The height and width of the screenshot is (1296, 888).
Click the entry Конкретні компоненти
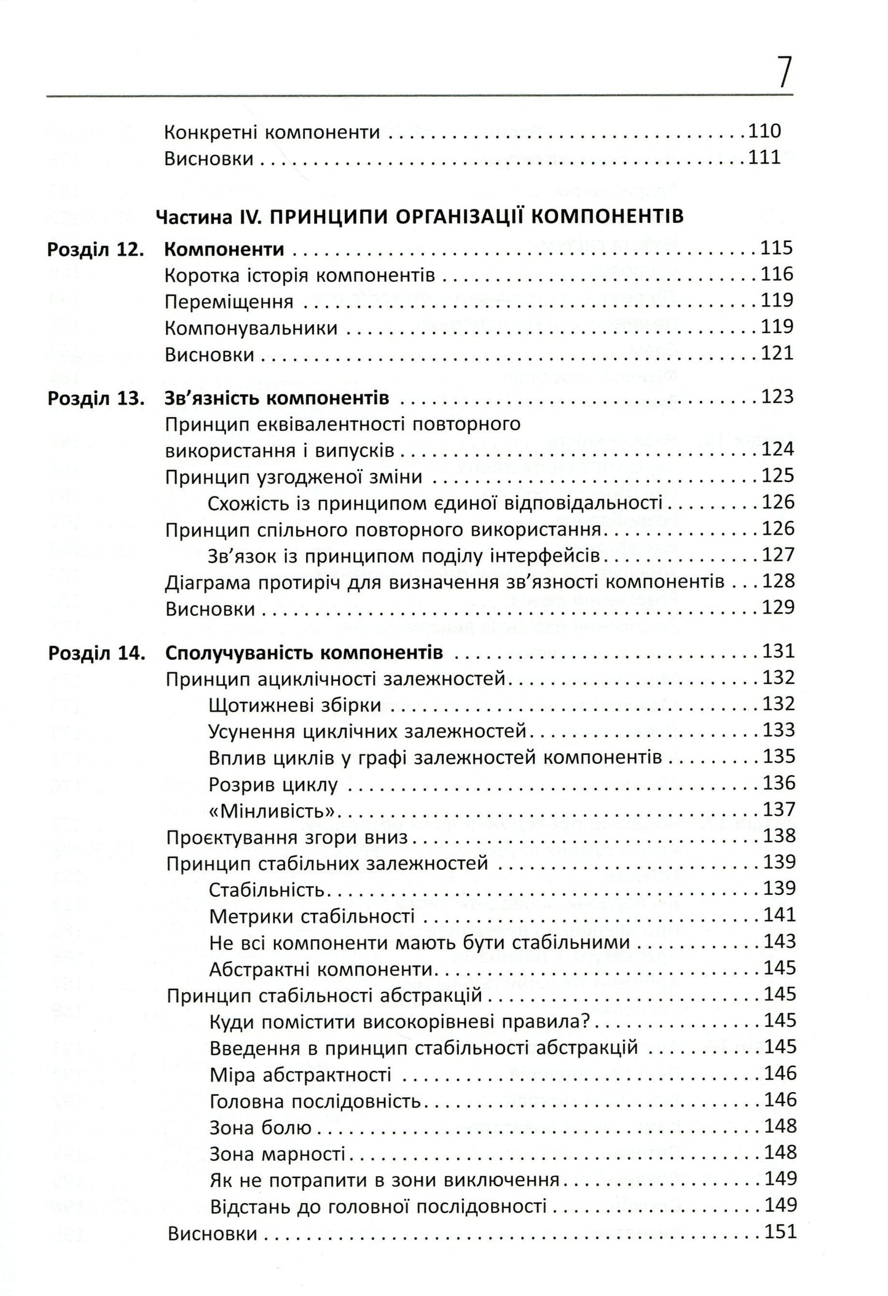point(272,132)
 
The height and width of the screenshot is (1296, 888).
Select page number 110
point(764,131)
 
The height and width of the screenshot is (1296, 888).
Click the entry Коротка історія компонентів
point(300,276)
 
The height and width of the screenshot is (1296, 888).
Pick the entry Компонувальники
point(251,328)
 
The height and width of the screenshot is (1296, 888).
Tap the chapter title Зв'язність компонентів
point(277,399)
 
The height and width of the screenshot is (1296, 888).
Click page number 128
point(778,581)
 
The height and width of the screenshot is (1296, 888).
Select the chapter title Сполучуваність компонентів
point(304,653)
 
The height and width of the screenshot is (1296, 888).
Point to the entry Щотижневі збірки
point(295,705)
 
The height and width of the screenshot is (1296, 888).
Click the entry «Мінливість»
point(275,810)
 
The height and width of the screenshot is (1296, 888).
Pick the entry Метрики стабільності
point(312,916)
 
